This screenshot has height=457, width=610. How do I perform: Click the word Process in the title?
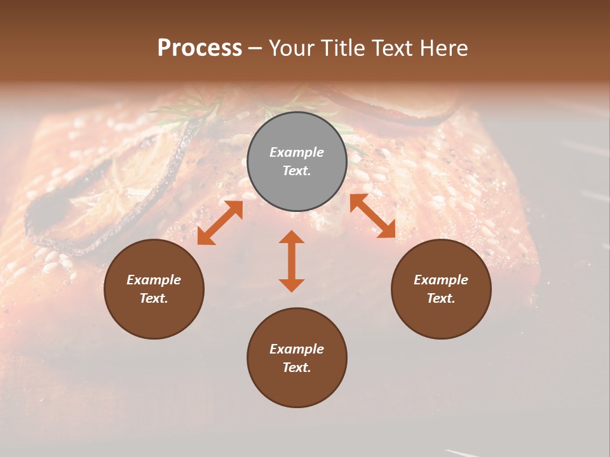click(200, 48)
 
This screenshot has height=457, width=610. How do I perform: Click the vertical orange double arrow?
click(292, 261)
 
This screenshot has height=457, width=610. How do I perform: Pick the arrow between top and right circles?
click(373, 216)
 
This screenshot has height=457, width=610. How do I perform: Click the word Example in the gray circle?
click(297, 152)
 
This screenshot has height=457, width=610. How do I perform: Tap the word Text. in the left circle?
click(154, 298)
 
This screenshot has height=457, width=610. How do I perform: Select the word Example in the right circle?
click(441, 280)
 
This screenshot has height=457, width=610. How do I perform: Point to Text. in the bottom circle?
click(297, 368)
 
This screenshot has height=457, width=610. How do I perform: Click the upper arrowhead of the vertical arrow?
click(292, 237)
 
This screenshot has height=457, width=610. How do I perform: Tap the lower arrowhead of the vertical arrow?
click(292, 284)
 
